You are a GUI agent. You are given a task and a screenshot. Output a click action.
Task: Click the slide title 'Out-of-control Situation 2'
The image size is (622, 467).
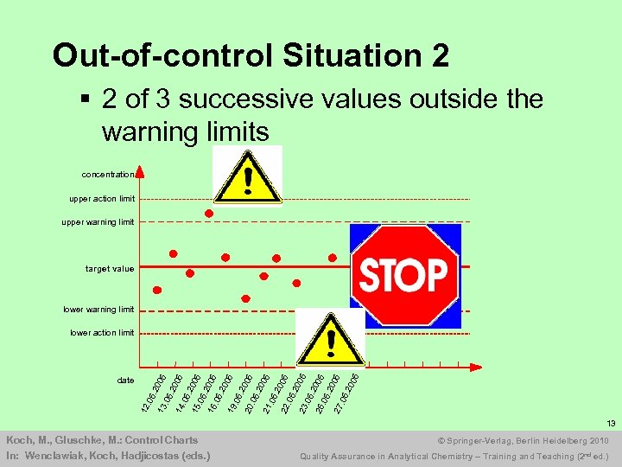[x=251, y=55]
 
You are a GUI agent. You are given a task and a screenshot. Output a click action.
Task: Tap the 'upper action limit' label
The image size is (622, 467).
[x=102, y=199]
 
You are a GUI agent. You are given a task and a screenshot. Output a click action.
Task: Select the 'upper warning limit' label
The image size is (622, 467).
[x=98, y=222]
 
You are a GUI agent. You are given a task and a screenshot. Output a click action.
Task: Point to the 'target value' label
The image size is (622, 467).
[x=110, y=269]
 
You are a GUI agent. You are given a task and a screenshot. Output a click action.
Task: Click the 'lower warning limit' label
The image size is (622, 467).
[x=98, y=310]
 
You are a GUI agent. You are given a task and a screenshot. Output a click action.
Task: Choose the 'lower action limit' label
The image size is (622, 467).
[x=102, y=333]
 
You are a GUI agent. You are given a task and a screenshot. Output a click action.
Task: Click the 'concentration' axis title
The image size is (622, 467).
[x=108, y=174]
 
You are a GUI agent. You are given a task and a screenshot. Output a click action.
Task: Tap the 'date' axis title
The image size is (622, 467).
[x=125, y=381]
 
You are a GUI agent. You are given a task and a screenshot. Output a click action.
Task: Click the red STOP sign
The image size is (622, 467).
[x=403, y=276]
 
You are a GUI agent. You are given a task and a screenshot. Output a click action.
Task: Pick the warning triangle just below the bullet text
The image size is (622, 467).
[x=247, y=176]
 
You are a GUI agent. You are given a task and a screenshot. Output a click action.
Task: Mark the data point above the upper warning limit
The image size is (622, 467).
[x=208, y=213]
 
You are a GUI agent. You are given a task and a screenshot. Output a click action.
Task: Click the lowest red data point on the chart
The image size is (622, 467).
[x=245, y=299]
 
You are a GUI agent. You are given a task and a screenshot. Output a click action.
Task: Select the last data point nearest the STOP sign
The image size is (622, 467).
[x=333, y=257]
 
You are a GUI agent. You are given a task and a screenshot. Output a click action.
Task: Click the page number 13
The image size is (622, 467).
[x=609, y=424]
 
